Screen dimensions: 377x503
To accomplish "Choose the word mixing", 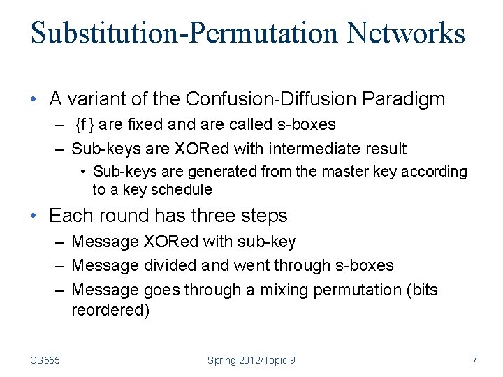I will pyautogui.click(x=285, y=289).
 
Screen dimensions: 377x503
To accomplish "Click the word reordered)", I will pyautogui.click(x=110, y=311).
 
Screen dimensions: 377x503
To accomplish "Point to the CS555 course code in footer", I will pyautogui.click(x=45, y=360).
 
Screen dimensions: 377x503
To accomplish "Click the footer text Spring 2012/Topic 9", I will pyautogui.click(x=251, y=360).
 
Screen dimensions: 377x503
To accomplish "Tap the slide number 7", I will pyautogui.click(x=474, y=360).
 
